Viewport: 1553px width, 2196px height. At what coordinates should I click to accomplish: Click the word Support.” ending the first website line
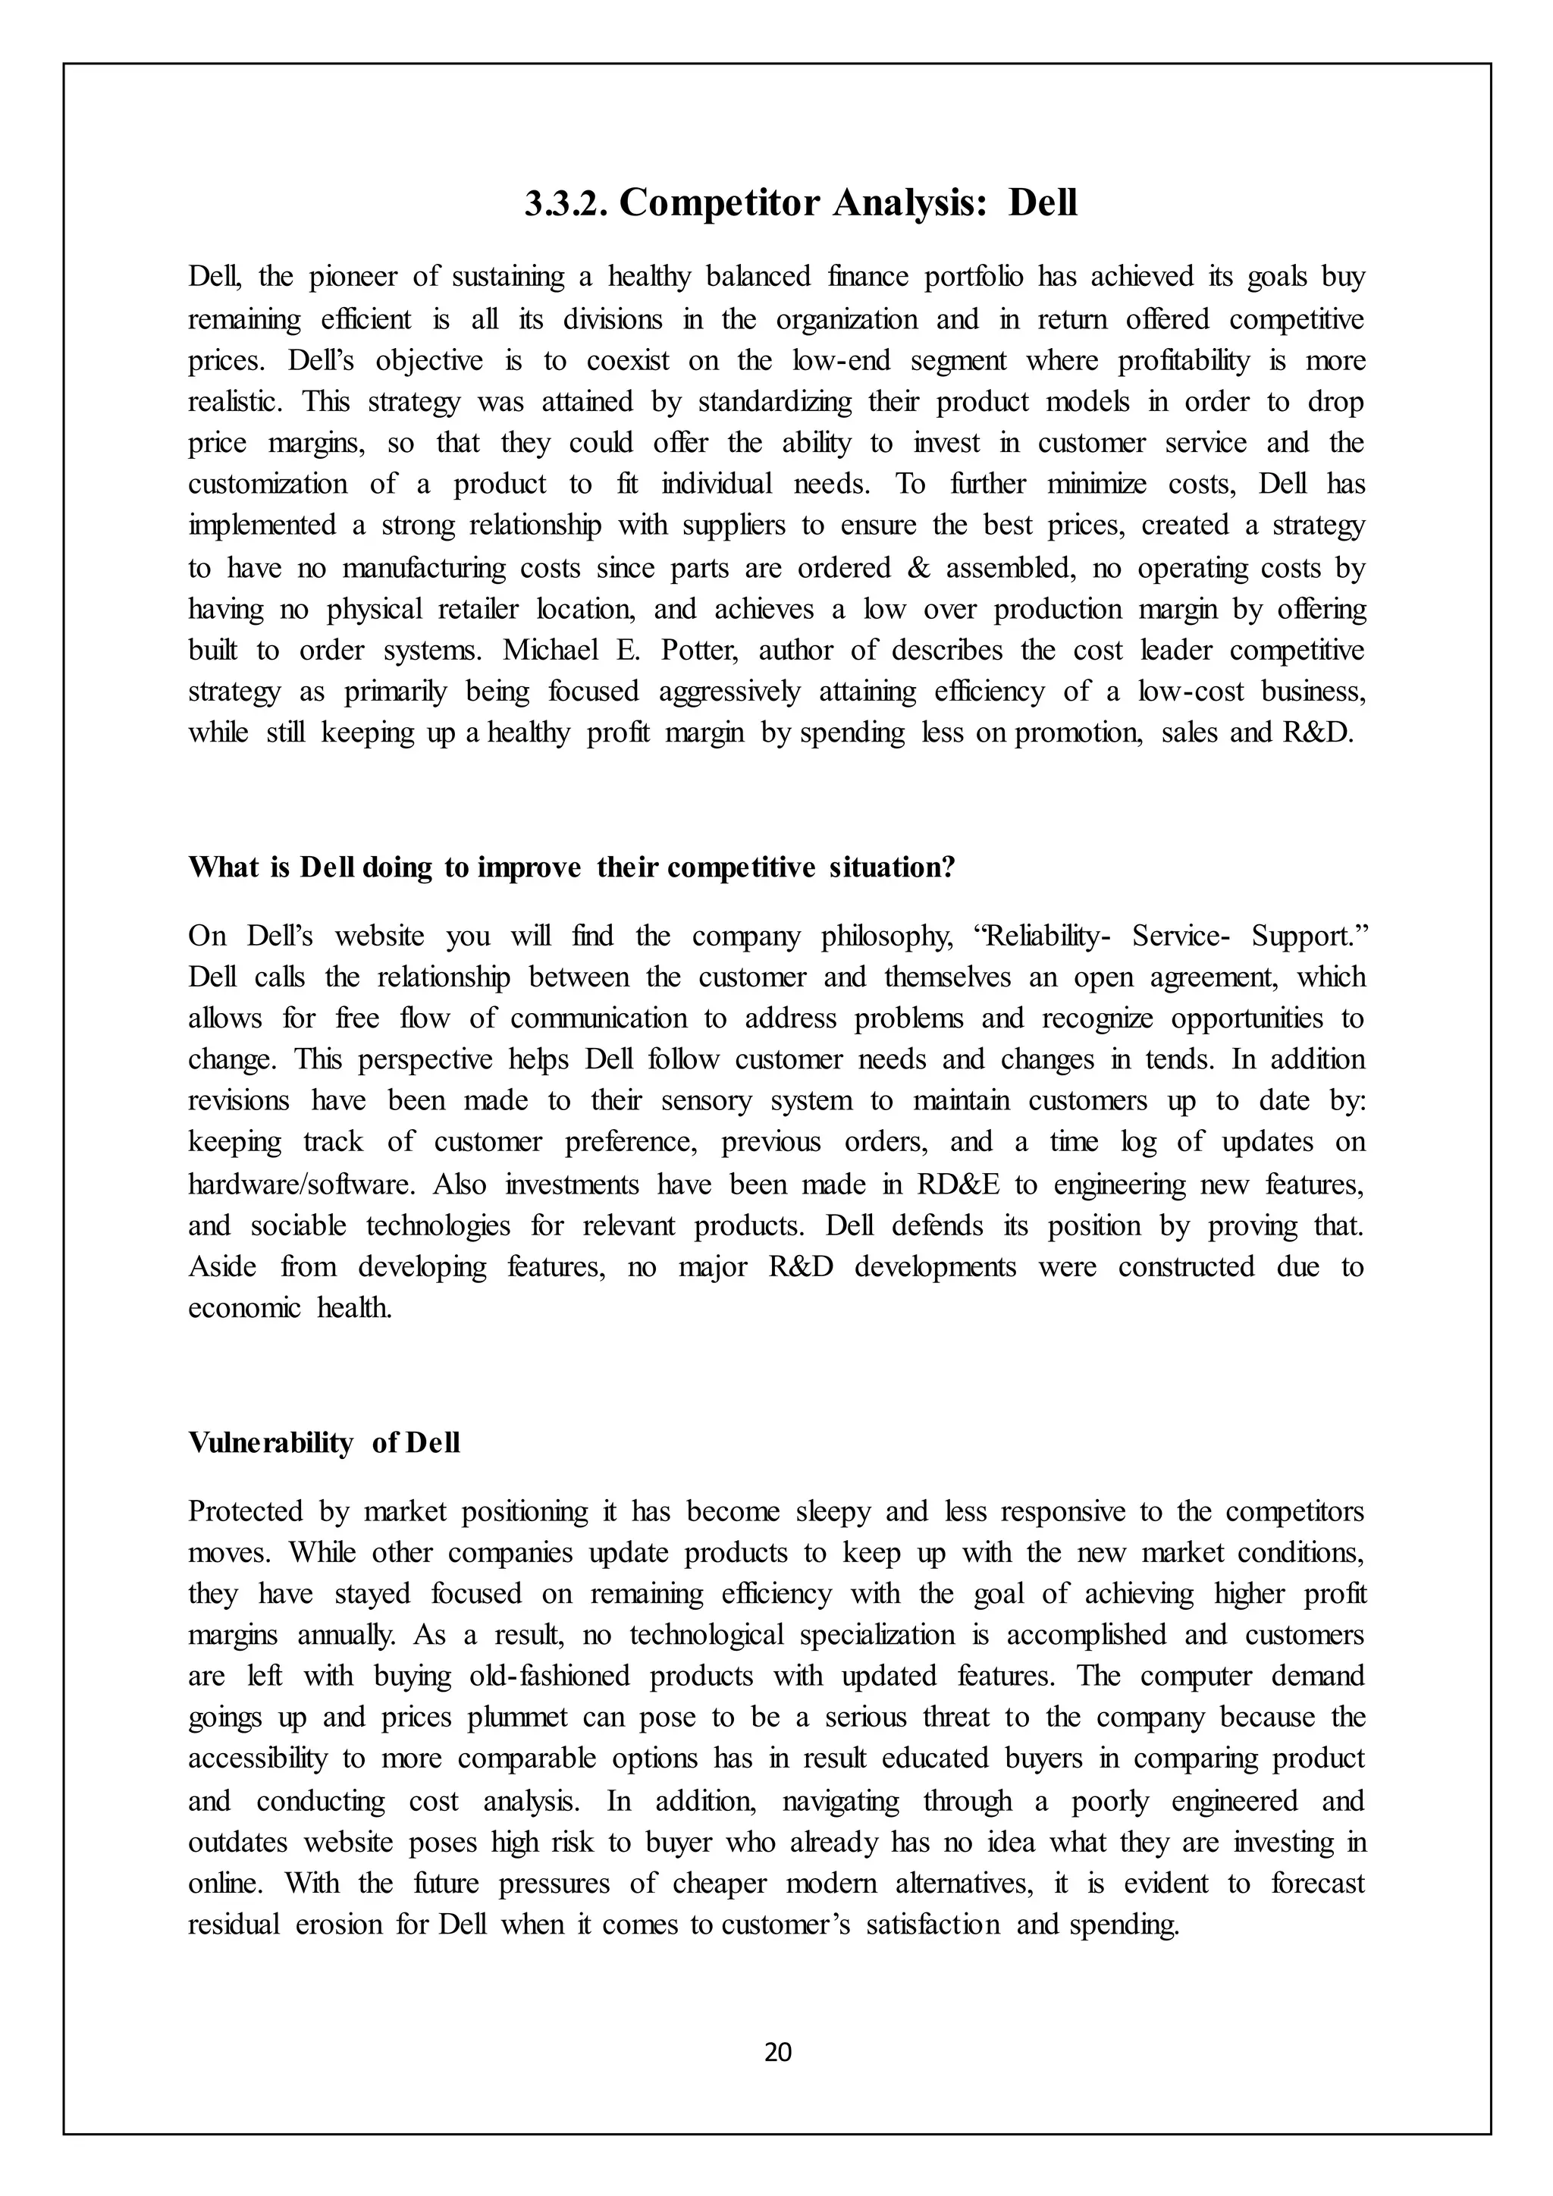coord(1307,936)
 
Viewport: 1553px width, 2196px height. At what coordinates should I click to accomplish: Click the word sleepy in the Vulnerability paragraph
coord(832,1511)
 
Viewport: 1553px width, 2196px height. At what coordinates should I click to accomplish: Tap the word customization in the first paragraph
coord(268,484)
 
